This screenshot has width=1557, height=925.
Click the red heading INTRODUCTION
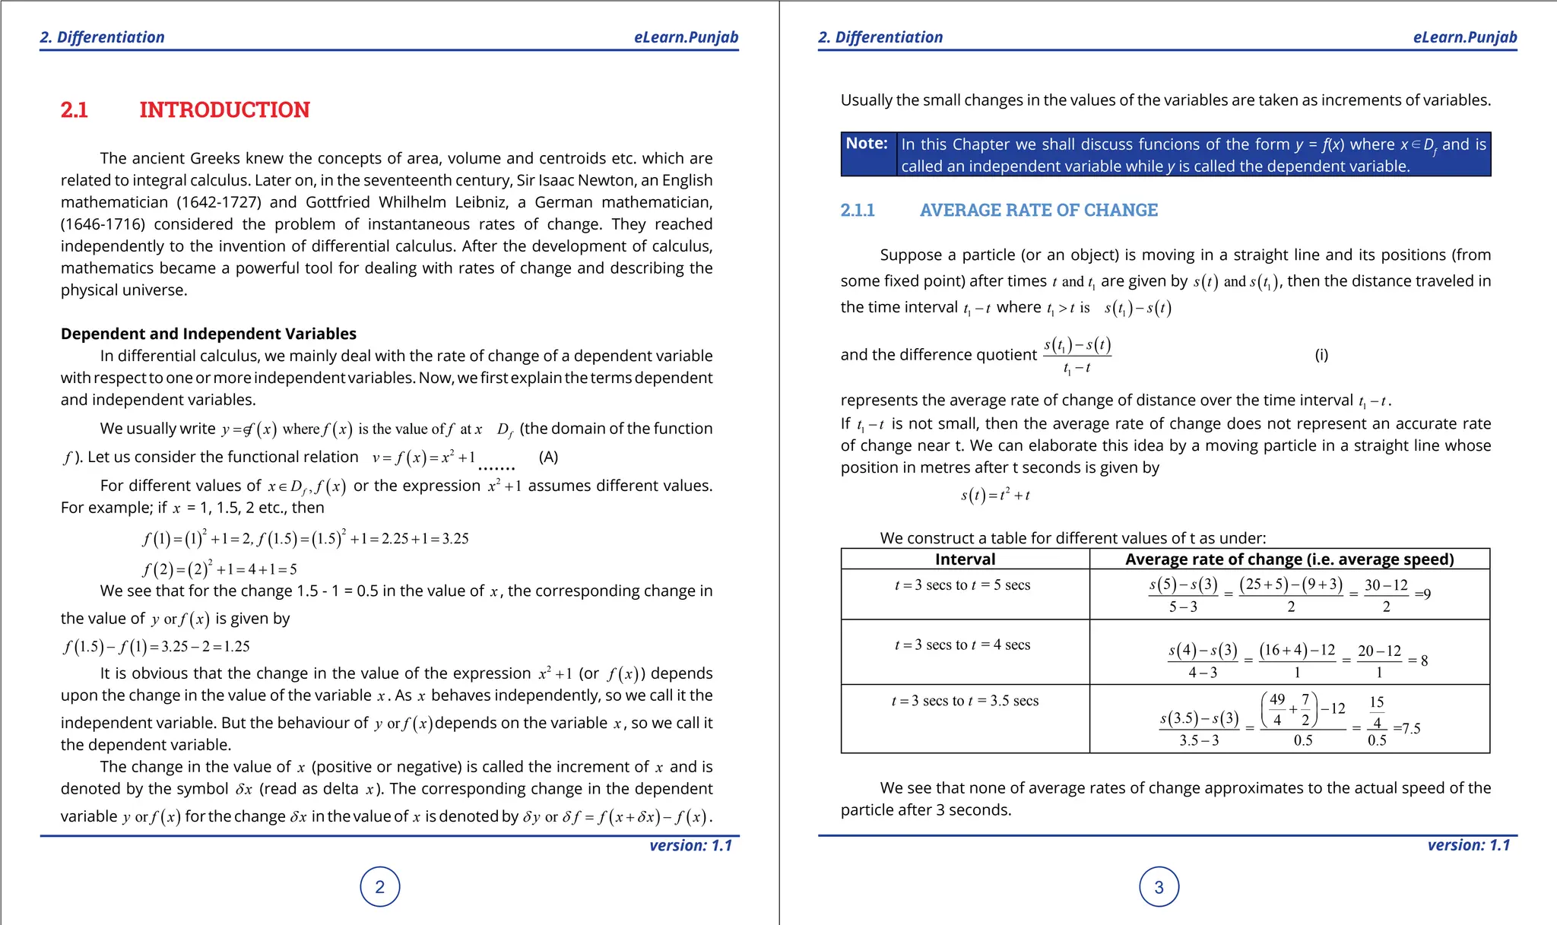(224, 110)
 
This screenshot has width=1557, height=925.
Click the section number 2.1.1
(858, 211)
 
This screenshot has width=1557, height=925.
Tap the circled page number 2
(380, 887)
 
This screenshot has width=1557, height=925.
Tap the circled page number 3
(1159, 887)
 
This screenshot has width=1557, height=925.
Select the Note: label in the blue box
(867, 144)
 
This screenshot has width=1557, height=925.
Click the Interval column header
(965, 559)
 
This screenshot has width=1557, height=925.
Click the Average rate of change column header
(1289, 559)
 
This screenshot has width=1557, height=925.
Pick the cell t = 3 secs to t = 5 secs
(962, 585)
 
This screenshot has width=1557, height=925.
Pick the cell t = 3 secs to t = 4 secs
(962, 645)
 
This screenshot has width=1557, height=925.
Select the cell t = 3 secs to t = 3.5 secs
(965, 701)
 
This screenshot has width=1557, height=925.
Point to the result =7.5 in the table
(1406, 729)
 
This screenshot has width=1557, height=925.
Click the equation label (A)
(548, 457)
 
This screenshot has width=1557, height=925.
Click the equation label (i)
(1321, 355)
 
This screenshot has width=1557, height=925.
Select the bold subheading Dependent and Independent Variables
(208, 334)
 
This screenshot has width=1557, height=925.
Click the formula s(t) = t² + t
(995, 496)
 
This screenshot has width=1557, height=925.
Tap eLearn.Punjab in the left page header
(686, 37)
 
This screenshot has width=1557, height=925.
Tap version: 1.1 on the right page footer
(1468, 845)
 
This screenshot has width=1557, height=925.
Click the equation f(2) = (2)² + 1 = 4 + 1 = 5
(220, 569)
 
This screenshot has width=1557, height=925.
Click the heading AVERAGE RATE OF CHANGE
(1039, 211)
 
